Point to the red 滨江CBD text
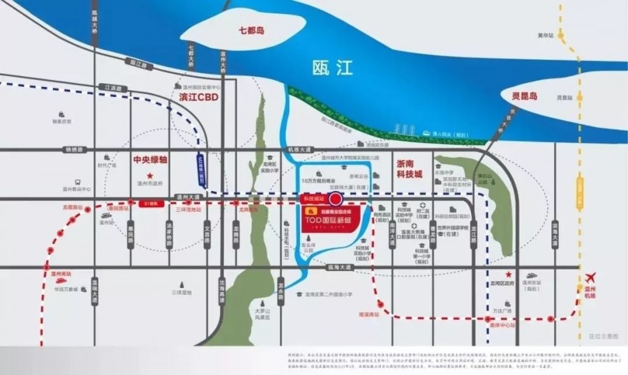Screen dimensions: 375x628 pyautogui.click(x=199, y=98)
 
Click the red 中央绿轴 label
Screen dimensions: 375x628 pyautogui.click(x=150, y=160)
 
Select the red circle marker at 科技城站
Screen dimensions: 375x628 pyautogui.click(x=335, y=197)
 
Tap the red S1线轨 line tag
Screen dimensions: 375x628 pyautogui.click(x=148, y=204)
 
